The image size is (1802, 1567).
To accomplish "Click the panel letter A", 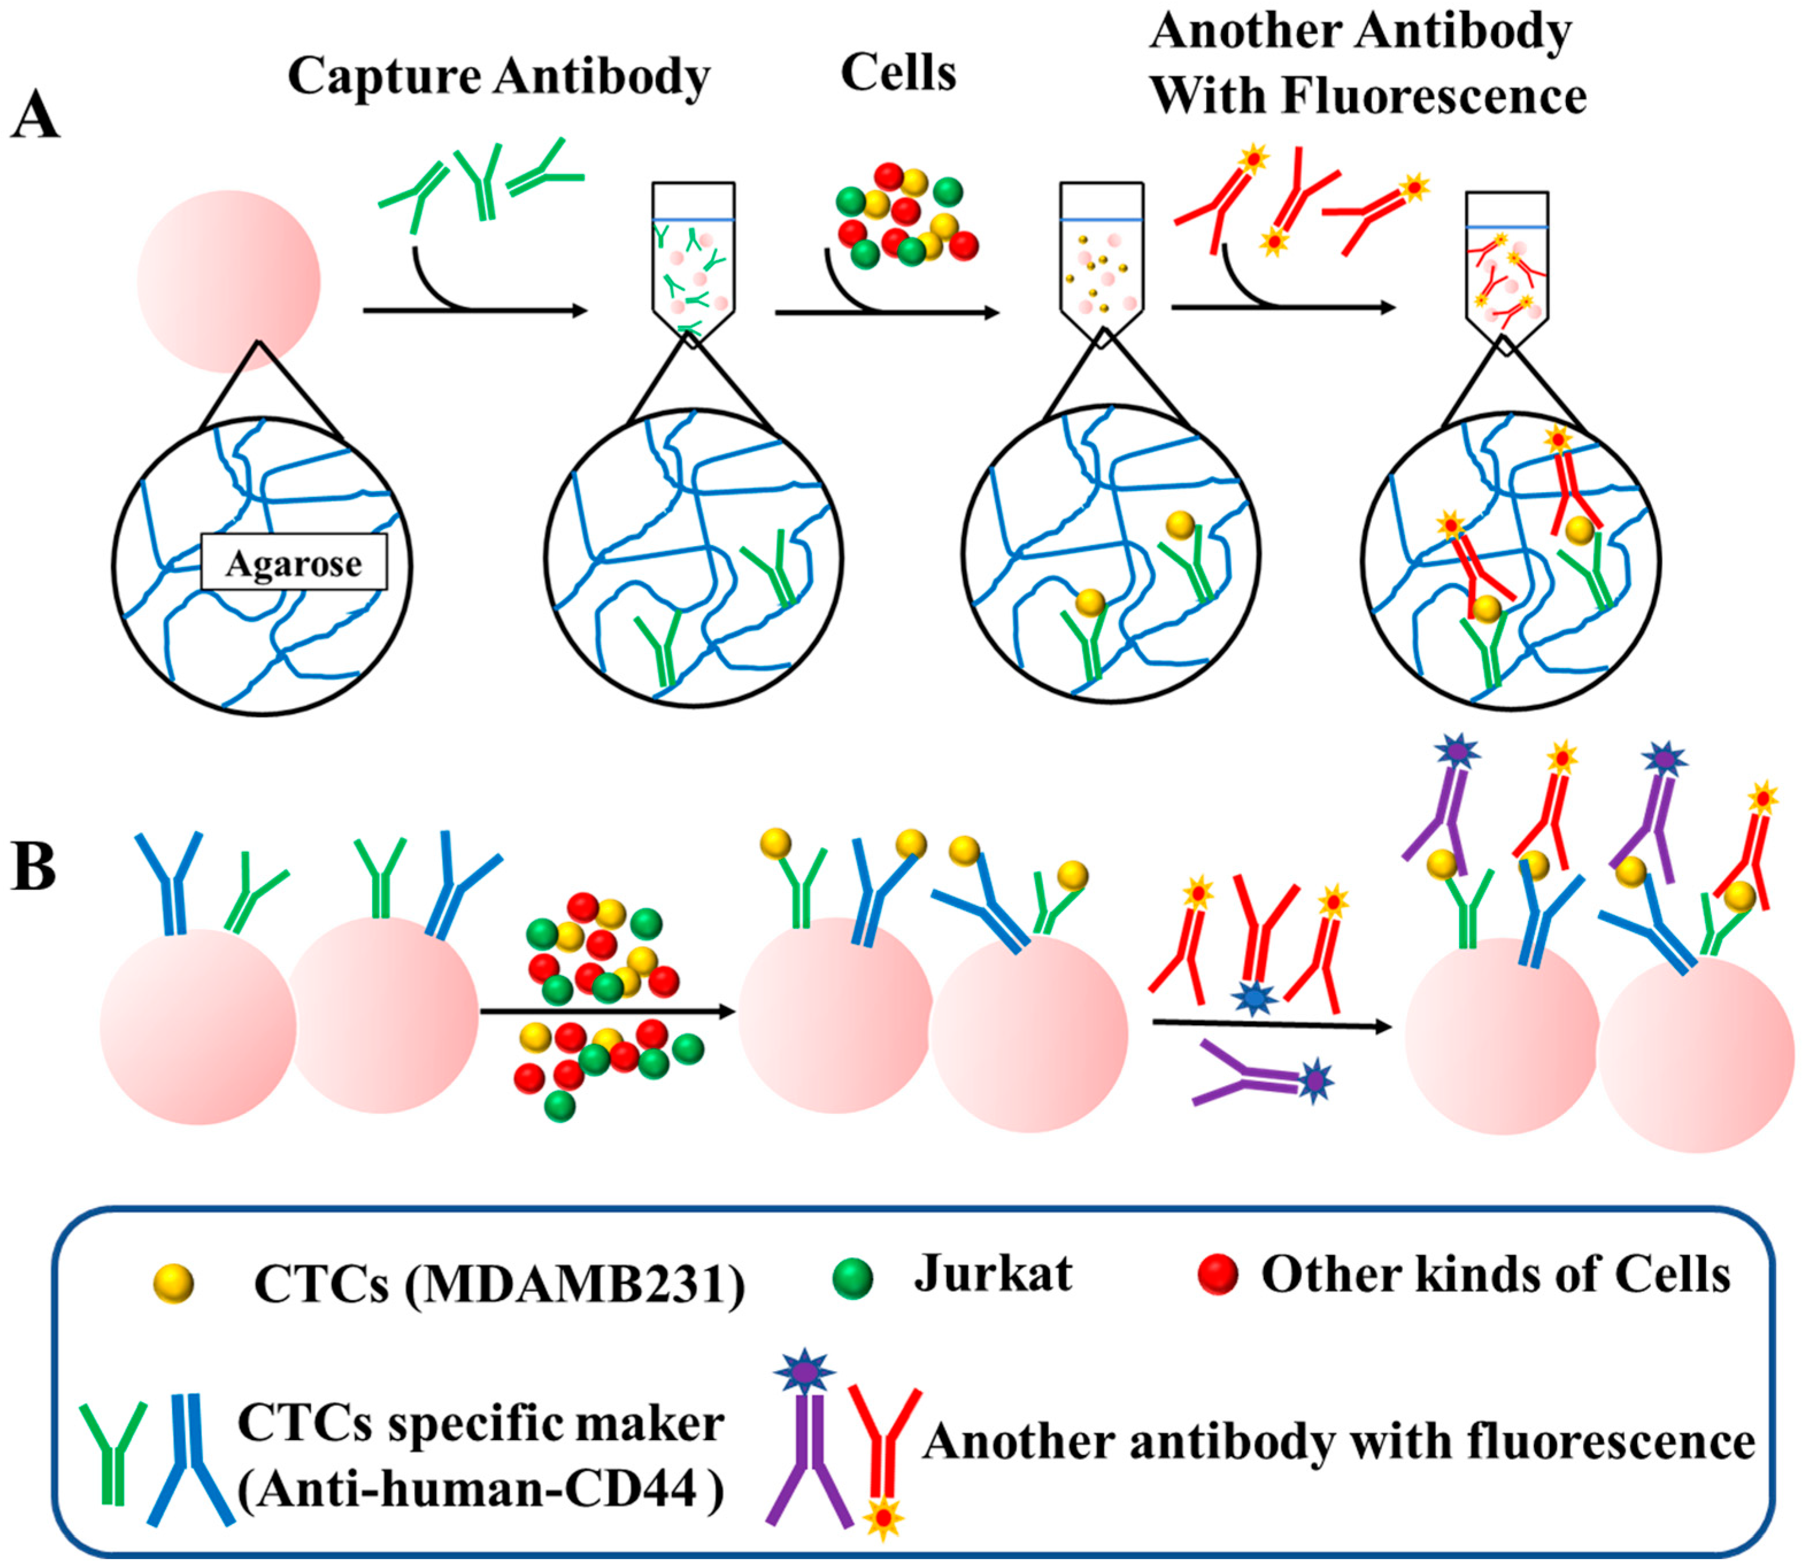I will (35, 116).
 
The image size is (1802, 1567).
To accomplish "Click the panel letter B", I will (33, 867).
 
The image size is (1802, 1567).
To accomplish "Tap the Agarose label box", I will (294, 563).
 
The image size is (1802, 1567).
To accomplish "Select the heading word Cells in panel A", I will (898, 72).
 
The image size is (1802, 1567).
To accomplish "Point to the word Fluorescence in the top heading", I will (1434, 95).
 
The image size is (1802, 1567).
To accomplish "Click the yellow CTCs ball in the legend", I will (173, 1284).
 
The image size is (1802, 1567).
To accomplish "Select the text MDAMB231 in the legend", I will (573, 1286).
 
